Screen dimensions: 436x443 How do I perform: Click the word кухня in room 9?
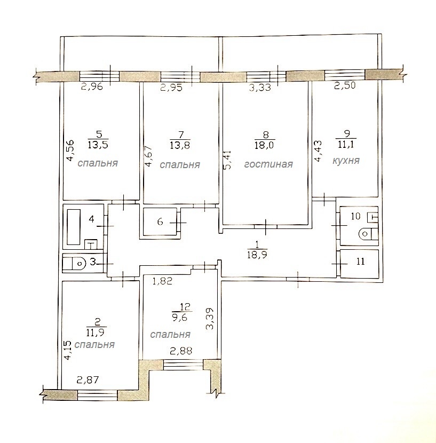[x=346, y=161]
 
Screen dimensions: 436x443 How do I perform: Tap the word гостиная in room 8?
[x=268, y=164]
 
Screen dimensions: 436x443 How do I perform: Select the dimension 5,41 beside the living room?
[x=227, y=160]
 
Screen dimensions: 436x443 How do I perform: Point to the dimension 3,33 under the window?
[x=260, y=87]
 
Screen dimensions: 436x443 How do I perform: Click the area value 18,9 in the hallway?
[x=257, y=255]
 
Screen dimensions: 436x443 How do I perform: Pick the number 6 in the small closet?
[x=160, y=222]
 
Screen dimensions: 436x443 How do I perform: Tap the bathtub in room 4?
[x=74, y=227]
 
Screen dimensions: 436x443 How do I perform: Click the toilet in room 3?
[x=74, y=263]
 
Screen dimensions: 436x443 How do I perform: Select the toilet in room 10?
[x=368, y=234]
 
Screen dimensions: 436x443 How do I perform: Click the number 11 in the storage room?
[x=361, y=262]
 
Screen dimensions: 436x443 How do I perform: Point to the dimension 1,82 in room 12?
[x=162, y=281]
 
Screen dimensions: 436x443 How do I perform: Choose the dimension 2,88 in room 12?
[x=181, y=351]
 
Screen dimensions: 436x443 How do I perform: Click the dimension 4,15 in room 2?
[x=68, y=350]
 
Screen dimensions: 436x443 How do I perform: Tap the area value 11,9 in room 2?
[x=96, y=332]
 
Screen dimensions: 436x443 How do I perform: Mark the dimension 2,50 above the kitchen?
[x=345, y=85]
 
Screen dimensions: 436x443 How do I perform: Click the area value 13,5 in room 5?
[x=98, y=145]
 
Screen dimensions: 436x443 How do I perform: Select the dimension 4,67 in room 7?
[x=149, y=156]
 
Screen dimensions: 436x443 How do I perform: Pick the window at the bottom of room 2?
[x=97, y=394]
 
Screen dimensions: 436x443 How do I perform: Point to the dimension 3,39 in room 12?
[x=210, y=319]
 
